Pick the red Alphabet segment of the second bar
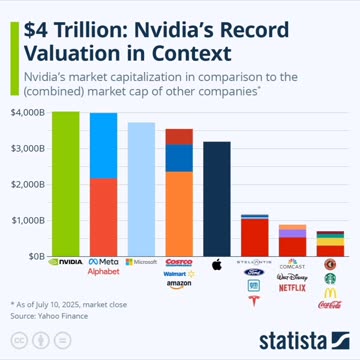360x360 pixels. coord(103,216)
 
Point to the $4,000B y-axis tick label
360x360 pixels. coord(28,112)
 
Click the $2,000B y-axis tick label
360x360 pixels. coord(28,184)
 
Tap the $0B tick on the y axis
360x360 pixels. coord(35,256)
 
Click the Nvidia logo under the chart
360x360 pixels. coord(65,263)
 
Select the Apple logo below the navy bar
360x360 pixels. coord(217,264)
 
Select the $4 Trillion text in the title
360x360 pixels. coord(68,27)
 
